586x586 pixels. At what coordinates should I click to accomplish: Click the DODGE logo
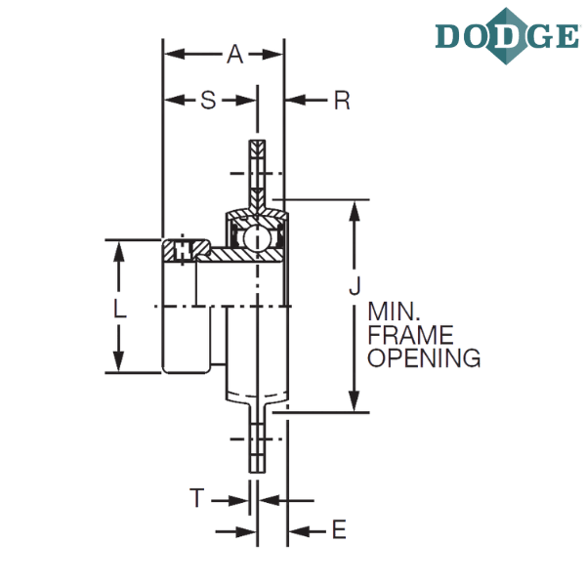pos(507,36)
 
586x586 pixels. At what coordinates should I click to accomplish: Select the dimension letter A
pos(235,54)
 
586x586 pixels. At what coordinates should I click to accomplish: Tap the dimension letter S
pos(208,101)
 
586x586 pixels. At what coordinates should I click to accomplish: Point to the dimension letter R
pos(342,101)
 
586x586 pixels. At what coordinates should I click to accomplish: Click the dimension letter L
pos(119,309)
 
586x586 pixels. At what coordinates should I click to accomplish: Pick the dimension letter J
pos(355,286)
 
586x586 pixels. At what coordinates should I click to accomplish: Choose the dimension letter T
pos(197,498)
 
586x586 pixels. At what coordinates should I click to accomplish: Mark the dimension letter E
pos(339,529)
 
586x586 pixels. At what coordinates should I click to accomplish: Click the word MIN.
pos(393,312)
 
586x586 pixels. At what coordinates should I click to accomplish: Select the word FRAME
pos(410,335)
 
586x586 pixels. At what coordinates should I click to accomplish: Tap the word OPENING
pos(424,357)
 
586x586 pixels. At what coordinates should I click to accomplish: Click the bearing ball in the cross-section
pos(256,238)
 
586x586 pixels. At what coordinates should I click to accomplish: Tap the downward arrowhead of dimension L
pos(119,360)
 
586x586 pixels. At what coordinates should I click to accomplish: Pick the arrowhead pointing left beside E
pos(300,530)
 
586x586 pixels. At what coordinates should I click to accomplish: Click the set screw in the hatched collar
pos(183,250)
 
